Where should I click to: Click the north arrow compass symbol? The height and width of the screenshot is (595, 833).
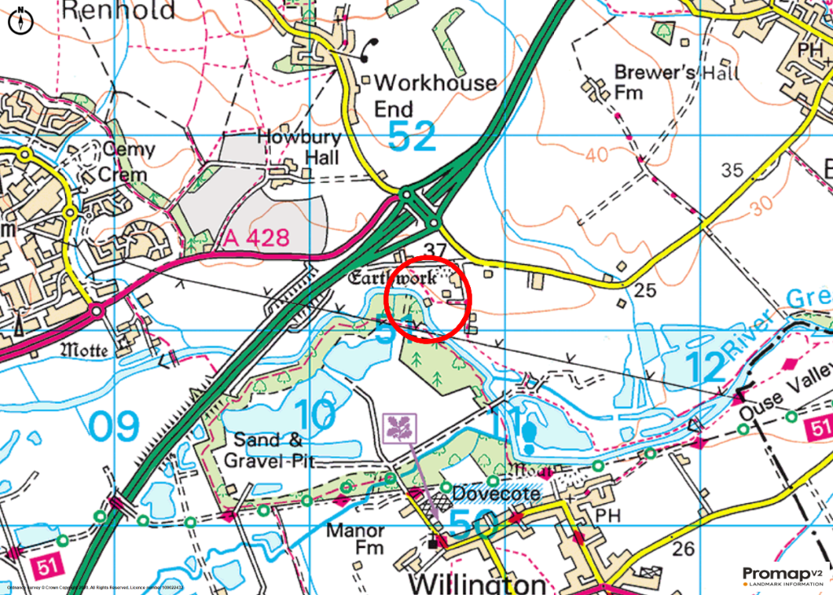click(x=20, y=20)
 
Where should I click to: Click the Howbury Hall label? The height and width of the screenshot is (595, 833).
click(x=299, y=145)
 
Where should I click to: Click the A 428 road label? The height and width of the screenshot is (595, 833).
click(x=255, y=237)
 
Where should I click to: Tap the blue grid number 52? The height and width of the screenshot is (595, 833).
click(x=412, y=136)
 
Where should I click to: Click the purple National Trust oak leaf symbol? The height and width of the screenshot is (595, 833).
click(x=399, y=428)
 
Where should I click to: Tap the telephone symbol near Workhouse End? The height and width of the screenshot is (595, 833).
click(x=365, y=50)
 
